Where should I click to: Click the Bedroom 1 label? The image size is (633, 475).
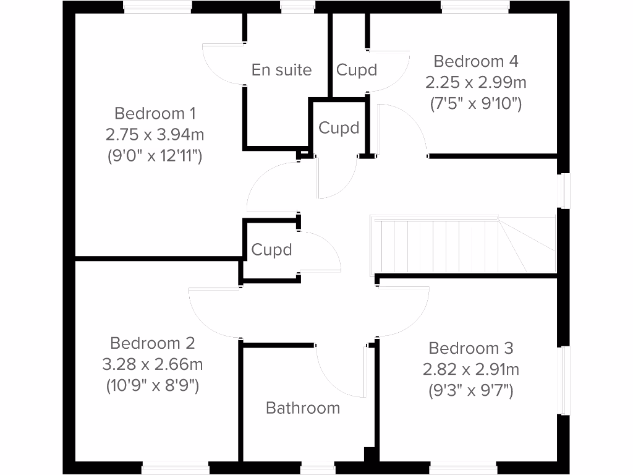(x=155, y=113)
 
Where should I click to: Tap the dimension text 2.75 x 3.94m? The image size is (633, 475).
(x=155, y=134)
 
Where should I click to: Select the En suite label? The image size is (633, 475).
(x=281, y=70)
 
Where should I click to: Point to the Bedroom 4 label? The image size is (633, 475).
(x=475, y=61)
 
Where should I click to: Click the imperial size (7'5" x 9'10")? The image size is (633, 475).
(x=475, y=103)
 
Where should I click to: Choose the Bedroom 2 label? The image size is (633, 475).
(x=153, y=343)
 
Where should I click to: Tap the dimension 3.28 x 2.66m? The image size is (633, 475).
(x=153, y=364)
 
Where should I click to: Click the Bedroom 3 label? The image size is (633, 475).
(x=471, y=348)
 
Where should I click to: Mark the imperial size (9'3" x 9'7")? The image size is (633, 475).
(x=471, y=391)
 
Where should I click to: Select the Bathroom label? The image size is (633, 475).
(x=303, y=408)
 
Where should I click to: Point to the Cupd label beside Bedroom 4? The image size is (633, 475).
(x=357, y=70)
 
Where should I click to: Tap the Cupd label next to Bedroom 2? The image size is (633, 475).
(x=271, y=250)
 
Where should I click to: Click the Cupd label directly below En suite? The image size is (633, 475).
(x=339, y=128)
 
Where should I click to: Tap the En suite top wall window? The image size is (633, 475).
(x=297, y=7)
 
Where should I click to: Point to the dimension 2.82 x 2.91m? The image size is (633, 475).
(x=471, y=370)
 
